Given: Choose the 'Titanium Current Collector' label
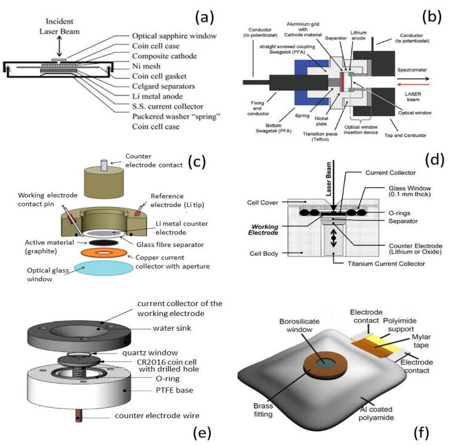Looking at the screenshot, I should [x=386, y=264].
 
